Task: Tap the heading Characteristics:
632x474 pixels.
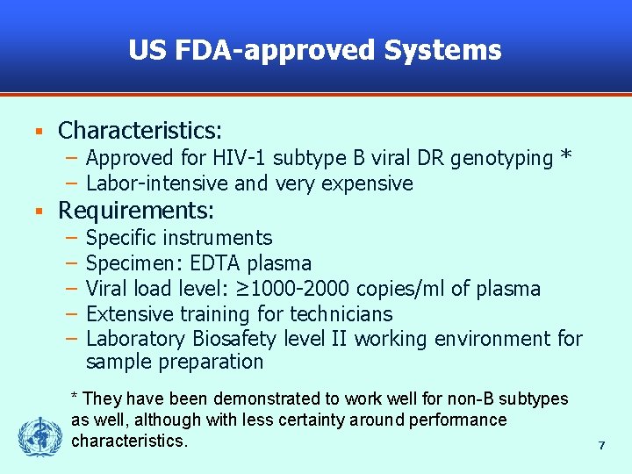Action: click(140, 131)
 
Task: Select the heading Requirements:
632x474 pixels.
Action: click(137, 211)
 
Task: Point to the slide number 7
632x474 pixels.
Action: click(601, 446)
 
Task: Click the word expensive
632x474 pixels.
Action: click(368, 183)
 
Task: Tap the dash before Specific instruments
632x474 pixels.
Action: click(69, 238)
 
